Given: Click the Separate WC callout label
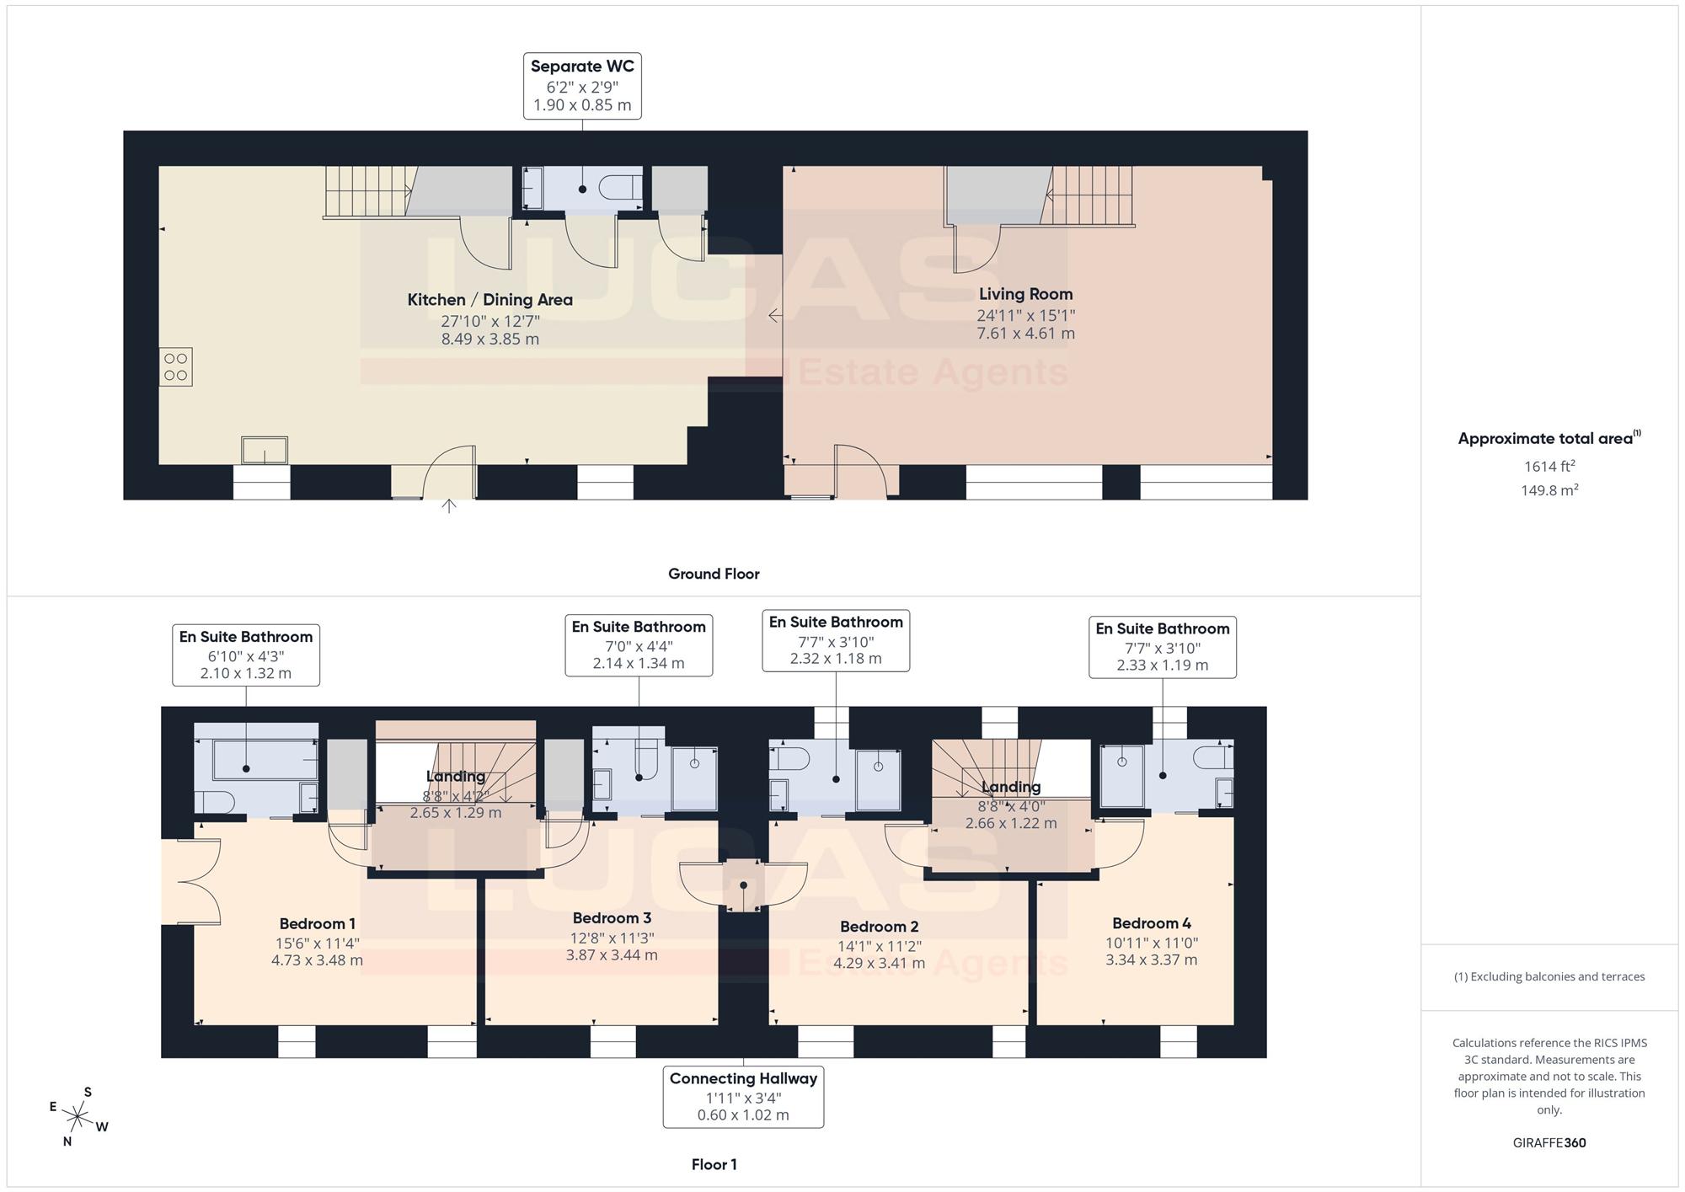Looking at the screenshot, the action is pos(582,86).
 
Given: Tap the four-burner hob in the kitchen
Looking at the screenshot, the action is pos(176,366).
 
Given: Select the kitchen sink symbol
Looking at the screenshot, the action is pos(265,450).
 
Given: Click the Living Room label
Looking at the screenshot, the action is pos(1025,294).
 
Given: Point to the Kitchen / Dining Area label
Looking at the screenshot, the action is pos(490,300).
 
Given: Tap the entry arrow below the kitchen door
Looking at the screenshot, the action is pos(449,505).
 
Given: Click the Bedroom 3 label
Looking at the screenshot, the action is pos(612,918).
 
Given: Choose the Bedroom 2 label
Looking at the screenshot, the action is pos(879,927).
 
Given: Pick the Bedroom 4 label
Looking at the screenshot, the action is pos(1152,923).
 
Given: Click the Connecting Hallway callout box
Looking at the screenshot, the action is pos(743,1097).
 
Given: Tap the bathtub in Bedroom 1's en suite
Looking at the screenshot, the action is pos(256,760).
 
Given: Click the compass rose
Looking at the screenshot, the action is pos(78,1118).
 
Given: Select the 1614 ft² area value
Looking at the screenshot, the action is pos(1549,466).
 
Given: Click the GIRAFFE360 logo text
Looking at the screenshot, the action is pos(1549,1143).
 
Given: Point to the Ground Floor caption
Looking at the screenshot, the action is pos(714,574).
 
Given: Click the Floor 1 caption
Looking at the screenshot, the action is pos(714,1165).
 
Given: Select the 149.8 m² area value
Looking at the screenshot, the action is pos(1549,490).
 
